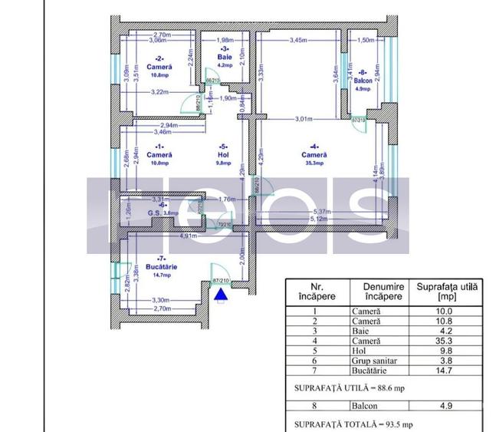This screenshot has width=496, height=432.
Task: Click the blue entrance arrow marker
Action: click(221, 293)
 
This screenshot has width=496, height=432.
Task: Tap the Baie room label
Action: click(224, 57)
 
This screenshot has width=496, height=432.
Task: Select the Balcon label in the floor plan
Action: click(363, 80)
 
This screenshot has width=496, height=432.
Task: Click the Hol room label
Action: click(223, 154)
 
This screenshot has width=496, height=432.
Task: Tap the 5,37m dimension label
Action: click(320, 212)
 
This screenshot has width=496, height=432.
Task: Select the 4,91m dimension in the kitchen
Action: click(168, 237)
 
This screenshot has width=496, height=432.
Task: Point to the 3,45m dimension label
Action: click(297, 40)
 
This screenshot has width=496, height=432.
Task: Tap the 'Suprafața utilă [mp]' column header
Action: click(447, 291)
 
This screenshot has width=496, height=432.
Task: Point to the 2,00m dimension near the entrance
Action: click(241, 256)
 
